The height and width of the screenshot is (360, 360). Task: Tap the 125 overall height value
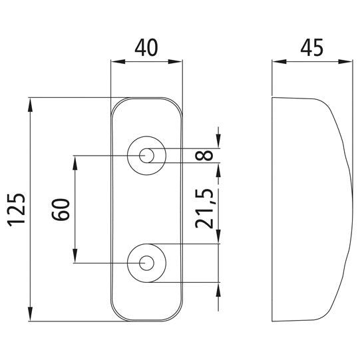17,209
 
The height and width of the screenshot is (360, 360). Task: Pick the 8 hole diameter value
207,155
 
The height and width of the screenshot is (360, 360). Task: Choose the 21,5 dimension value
207,208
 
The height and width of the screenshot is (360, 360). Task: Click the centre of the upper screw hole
146,156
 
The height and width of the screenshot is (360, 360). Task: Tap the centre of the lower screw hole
146,262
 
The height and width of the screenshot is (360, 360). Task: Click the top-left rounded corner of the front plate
116,104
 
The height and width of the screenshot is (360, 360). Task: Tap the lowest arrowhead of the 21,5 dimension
218,287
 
